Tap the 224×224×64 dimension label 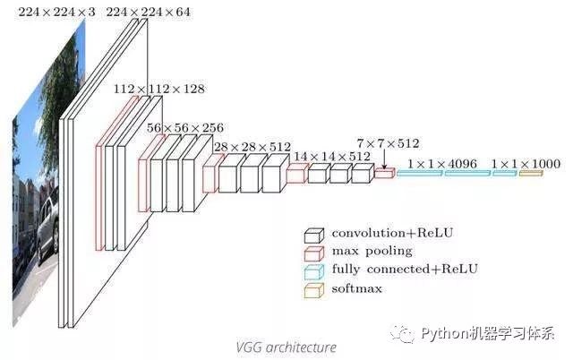point(149,11)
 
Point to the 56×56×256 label point(185,128)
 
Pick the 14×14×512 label point(332,156)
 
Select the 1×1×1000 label point(525,164)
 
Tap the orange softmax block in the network point(531,172)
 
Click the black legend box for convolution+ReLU point(313,236)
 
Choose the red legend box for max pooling point(313,252)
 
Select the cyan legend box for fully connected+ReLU point(313,270)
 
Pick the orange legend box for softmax point(313,288)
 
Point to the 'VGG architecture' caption point(286,347)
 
